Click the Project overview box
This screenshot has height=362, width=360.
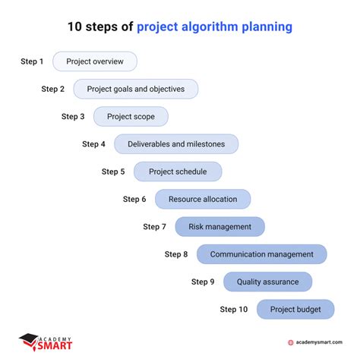point(94,61)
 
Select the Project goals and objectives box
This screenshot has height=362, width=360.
point(135,89)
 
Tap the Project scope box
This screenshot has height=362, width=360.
point(131,116)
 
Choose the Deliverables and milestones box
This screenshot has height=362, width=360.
point(175,144)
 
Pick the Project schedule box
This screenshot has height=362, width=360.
point(178,172)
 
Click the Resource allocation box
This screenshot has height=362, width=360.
point(202,199)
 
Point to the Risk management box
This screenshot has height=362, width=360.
point(219,226)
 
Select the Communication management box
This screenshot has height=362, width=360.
point(261,254)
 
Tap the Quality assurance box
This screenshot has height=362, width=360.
point(267,282)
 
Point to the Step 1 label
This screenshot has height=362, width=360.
point(32,61)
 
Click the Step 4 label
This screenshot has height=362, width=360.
point(93,144)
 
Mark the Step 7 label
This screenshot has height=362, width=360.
point(155,226)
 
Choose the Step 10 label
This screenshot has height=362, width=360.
point(234,309)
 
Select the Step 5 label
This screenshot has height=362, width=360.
point(113,172)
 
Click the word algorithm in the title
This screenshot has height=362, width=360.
point(209,27)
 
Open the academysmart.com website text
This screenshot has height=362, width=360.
point(320,342)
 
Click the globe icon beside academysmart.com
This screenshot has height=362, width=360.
point(291,342)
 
